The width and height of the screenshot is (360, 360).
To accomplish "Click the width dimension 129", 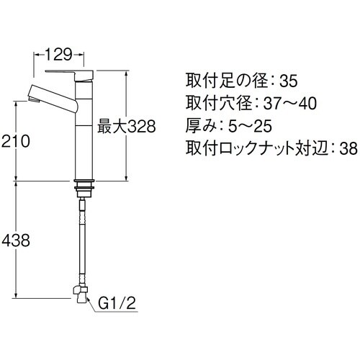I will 60,54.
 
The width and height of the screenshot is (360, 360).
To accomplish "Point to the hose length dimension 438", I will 17,240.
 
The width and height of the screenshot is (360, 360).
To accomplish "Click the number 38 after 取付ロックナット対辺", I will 348,150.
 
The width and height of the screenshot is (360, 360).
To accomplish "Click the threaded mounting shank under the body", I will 84,189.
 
